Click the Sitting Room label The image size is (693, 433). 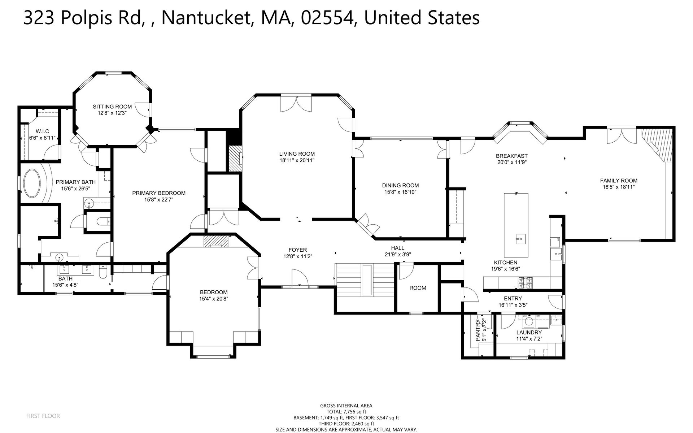tap(112, 107)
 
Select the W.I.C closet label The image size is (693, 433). tap(40, 131)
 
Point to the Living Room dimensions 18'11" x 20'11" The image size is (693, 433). tap(297, 160)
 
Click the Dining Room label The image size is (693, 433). tap(400, 186)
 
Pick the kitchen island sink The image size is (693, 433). tap(520, 238)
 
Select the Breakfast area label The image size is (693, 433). tap(511, 156)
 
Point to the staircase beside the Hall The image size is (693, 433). tap(365, 281)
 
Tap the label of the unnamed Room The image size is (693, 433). tap(418, 288)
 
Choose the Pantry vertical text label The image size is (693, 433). tap(478, 330)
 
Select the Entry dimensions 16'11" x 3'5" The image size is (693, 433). tap(513, 305)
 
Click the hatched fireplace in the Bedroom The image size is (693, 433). tap(216, 242)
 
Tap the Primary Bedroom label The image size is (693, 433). tap(159, 193)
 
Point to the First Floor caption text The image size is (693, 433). tap(43, 416)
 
